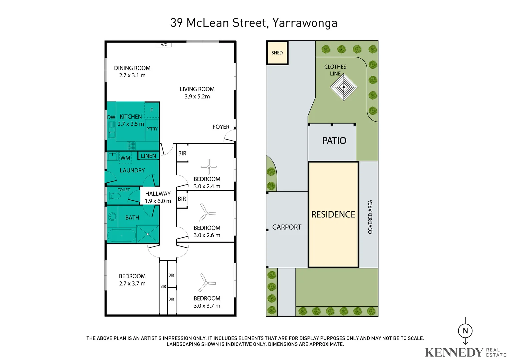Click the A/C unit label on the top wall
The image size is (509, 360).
[x=164, y=45]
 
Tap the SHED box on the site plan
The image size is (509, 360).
[x=277, y=53]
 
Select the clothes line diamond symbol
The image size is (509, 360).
[x=343, y=87]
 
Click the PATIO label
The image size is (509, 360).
[x=334, y=141]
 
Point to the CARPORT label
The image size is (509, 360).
[x=287, y=227]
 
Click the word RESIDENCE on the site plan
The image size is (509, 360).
[x=333, y=214]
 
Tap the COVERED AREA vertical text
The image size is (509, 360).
[x=370, y=217]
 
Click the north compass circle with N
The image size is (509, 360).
[x=465, y=331]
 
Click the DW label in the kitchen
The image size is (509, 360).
[x=111, y=117]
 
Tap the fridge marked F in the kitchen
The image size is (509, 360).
[x=152, y=110]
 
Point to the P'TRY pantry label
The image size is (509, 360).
[x=152, y=129]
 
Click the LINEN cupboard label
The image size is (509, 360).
[x=148, y=156]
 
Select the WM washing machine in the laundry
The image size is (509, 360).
[x=125, y=158]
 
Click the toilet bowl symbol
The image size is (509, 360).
[x=114, y=196]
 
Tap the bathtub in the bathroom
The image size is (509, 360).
[x=121, y=235]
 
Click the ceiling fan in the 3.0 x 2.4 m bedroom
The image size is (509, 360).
[x=209, y=166]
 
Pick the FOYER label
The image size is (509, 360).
[x=221, y=127]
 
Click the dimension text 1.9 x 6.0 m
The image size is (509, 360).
[x=158, y=201]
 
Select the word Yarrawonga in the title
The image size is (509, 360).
[x=305, y=23]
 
